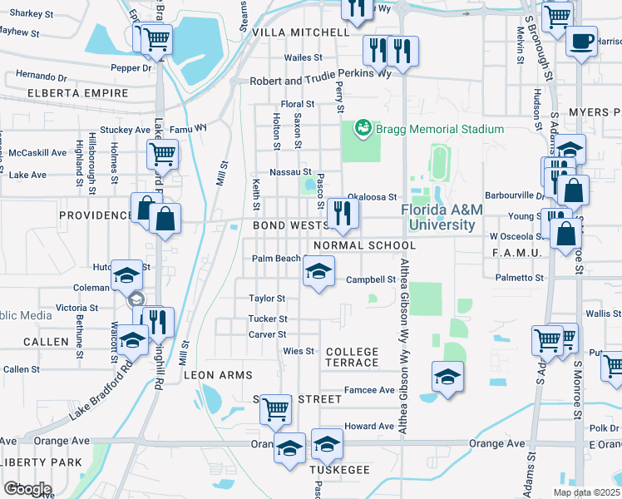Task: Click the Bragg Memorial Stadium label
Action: tap(440, 129)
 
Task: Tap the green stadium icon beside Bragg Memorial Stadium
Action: tap(363, 128)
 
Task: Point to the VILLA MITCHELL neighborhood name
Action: tap(300, 32)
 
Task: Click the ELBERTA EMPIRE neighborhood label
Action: tap(77, 93)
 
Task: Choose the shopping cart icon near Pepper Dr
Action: tap(153, 37)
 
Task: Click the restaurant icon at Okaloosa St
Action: tap(342, 213)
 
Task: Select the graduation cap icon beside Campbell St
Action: tap(318, 271)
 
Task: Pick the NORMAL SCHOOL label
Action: tap(364, 245)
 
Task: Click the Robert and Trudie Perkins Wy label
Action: tap(321, 82)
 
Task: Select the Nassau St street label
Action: tap(291, 170)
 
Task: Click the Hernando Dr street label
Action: tap(34, 76)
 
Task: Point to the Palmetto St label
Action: tap(519, 278)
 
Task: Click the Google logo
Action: tap(27, 489)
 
